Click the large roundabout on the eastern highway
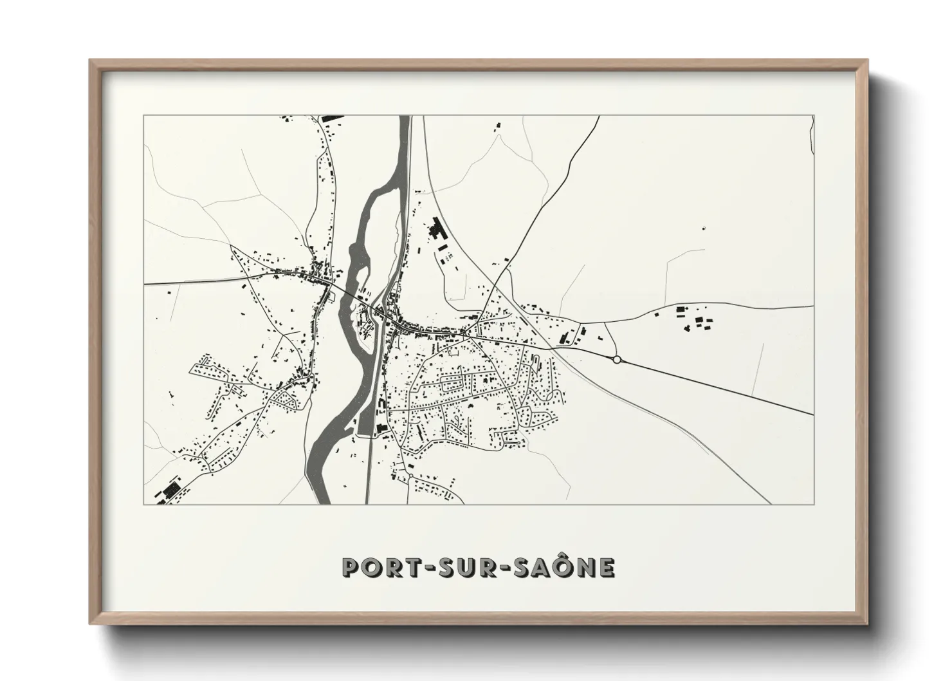click(x=617, y=360)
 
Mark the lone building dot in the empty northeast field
click(x=704, y=227)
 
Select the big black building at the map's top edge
click(x=331, y=118)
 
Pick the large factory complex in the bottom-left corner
click(x=170, y=491)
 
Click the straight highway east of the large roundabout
click(x=714, y=387)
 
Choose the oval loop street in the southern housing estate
click(x=450, y=384)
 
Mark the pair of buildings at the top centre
click(x=497, y=127)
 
